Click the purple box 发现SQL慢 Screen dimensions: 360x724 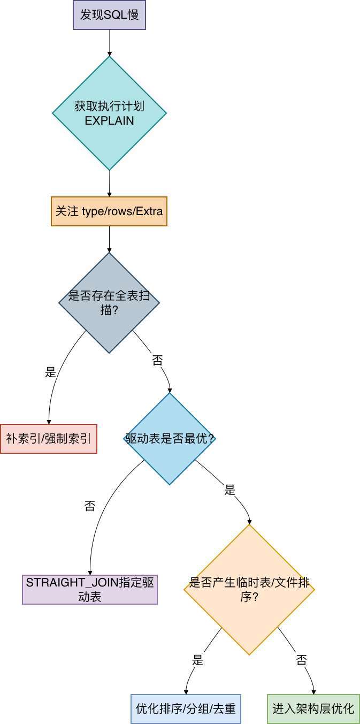[109, 15]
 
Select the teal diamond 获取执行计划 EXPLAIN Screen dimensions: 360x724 [109, 113]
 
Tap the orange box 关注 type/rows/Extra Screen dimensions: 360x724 [109, 211]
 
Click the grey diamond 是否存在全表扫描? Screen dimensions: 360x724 [109, 303]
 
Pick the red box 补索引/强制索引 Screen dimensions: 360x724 [49, 439]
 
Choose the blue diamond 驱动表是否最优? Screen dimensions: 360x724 [170, 439]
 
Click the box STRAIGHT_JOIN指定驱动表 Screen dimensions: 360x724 [90, 590]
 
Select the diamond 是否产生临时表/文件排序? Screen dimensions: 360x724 [249, 590]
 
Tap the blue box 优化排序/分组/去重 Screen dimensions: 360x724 [186, 709]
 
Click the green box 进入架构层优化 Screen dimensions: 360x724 [313, 709]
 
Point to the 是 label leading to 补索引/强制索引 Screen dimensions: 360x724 [50, 372]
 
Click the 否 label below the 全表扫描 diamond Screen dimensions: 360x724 [157, 360]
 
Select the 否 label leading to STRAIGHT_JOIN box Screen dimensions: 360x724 [90, 506]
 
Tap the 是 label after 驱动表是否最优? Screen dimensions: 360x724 [230, 490]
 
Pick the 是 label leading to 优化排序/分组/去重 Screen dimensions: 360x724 [197, 659]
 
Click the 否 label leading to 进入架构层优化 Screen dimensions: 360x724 [301, 659]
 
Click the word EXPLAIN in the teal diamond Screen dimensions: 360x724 [109, 120]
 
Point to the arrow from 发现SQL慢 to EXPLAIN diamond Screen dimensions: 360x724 [110, 43]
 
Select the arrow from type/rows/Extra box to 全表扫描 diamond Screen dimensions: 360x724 [109, 239]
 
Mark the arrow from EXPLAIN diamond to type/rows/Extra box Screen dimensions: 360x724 [109, 183]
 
